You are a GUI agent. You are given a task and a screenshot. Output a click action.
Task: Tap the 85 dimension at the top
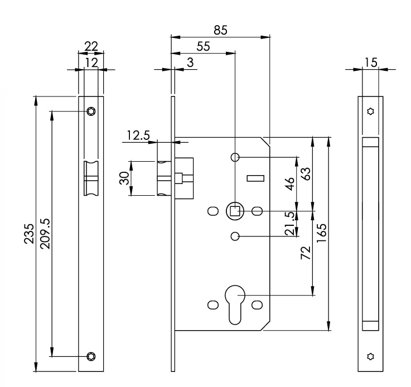tap(221, 31)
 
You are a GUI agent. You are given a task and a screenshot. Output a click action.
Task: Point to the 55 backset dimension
tap(203, 47)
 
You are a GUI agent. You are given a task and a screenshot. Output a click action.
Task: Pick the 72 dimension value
tap(306, 254)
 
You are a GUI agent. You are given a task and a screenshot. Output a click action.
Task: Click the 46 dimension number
tap(289, 185)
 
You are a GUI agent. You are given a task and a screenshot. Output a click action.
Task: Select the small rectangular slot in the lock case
tap(254, 178)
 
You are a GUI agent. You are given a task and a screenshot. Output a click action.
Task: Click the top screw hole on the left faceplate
tap(91, 112)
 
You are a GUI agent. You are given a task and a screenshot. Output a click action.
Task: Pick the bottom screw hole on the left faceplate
tap(91, 356)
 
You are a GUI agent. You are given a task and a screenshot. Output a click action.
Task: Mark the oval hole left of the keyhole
tap(212, 305)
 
